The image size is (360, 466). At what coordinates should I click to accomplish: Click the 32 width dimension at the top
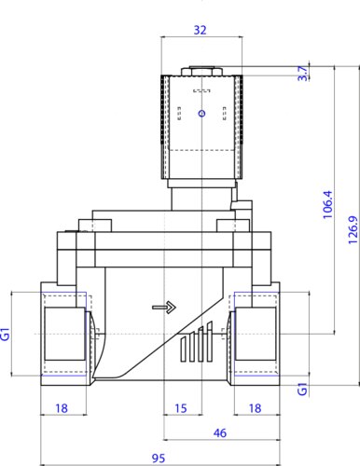(200, 30)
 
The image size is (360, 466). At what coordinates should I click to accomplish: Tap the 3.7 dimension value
(303, 74)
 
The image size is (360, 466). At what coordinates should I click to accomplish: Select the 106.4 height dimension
(327, 205)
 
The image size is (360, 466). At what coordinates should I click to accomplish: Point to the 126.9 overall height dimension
(353, 230)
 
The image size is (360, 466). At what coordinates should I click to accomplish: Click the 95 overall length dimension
(159, 459)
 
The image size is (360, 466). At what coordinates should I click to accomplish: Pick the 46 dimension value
(220, 432)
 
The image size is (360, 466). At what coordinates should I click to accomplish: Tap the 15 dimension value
(181, 408)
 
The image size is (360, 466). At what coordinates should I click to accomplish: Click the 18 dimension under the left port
(62, 408)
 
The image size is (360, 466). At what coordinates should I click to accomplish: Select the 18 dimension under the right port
(255, 408)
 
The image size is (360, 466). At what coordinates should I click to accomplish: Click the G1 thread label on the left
(6, 334)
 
